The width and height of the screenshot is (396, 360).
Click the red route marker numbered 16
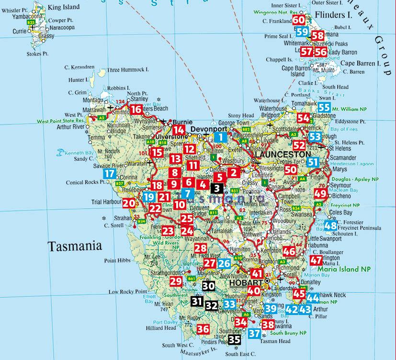point(136,110)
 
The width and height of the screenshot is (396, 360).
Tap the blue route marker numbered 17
point(110,174)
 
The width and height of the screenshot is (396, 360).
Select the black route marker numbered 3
point(217,189)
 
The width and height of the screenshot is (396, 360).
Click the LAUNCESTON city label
point(282,155)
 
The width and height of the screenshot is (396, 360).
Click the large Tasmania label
point(75,246)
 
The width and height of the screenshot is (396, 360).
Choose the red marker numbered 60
point(298,20)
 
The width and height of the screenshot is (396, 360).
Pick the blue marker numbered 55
point(324,108)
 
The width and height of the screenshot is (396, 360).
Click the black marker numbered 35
point(234,340)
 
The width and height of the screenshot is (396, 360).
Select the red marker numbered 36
point(203,329)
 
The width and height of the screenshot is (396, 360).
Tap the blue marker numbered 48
point(330,226)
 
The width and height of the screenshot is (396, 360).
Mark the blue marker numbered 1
point(220,137)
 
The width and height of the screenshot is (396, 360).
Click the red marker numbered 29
point(176,281)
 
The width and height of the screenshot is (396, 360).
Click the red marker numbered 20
point(128,203)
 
